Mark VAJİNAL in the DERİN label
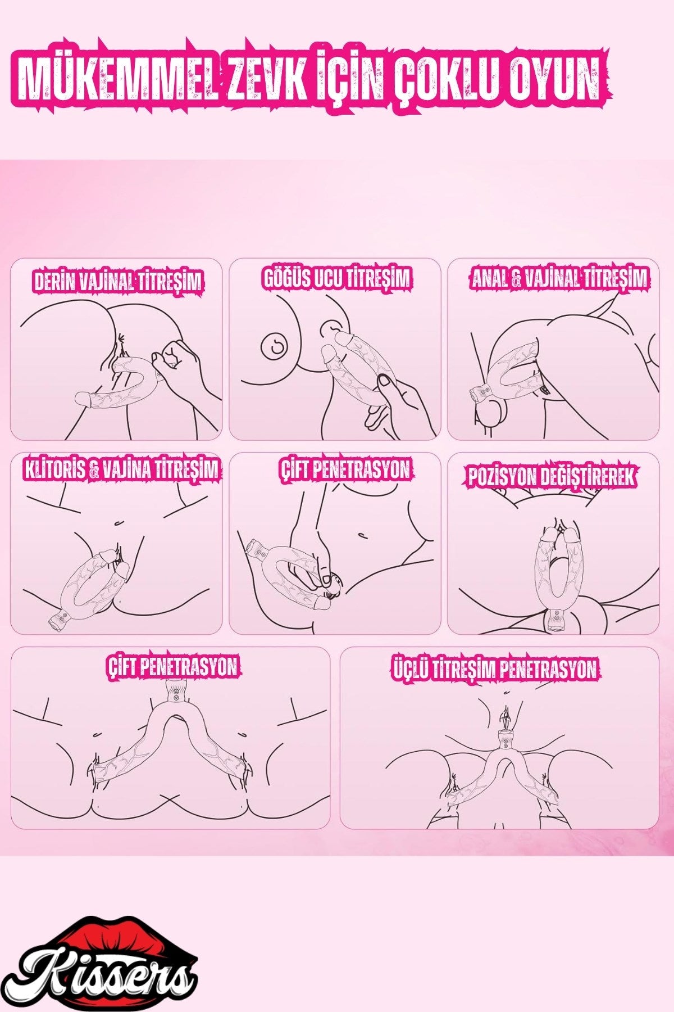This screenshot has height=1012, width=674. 106,281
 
